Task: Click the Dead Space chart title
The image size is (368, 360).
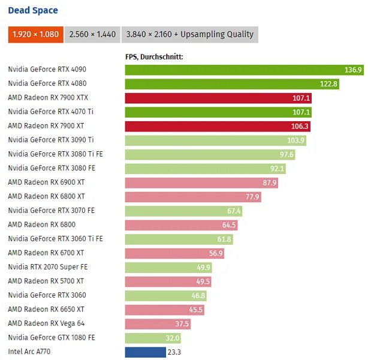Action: tap(33, 10)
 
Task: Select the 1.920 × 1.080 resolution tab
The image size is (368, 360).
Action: tap(35, 34)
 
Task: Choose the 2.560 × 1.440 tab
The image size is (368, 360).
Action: tap(92, 34)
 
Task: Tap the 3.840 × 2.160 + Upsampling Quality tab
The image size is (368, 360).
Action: tap(189, 34)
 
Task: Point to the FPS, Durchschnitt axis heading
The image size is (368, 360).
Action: tap(154, 56)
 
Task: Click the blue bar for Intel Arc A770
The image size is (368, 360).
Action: tap(145, 352)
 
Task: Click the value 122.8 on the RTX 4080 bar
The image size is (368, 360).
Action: tap(328, 84)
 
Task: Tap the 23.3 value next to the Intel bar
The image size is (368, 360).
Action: tap(174, 352)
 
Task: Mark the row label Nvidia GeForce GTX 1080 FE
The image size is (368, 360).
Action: tap(52, 338)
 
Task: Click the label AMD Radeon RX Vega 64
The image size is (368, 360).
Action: tap(46, 323)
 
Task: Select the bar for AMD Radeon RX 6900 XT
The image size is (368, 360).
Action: tap(192, 182)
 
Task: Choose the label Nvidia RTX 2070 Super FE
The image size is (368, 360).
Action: tap(48, 267)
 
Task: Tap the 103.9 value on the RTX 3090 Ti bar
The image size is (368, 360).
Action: tap(296, 140)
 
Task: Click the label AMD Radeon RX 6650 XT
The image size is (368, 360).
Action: tap(46, 310)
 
